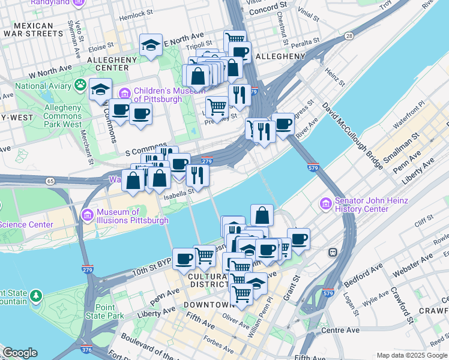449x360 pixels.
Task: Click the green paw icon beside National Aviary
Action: pyautogui.click(x=79, y=85)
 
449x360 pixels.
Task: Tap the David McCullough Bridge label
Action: pyautogui.click(x=352, y=135)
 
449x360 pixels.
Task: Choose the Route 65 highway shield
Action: pyautogui.click(x=50, y=181)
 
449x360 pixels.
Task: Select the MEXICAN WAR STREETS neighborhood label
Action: pyautogui.click(x=34, y=29)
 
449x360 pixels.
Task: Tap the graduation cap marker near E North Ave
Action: pyautogui.click(x=151, y=44)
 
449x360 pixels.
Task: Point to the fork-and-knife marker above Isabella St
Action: pyautogui.click(x=197, y=175)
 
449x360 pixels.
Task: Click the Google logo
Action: pyautogui.click(x=20, y=353)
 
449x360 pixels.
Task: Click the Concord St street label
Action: pyautogui.click(x=265, y=11)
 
